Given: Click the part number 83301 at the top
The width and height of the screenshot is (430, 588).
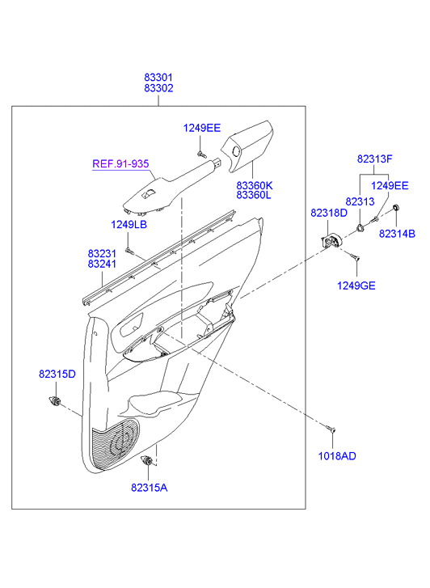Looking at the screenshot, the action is point(158,78).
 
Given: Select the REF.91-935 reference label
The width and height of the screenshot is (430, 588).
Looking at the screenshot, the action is point(120,164).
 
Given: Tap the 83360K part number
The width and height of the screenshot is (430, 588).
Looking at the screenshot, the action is point(255,185).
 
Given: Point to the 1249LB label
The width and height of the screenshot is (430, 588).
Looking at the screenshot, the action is point(129,224).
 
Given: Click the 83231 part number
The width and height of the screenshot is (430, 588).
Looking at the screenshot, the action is point(102,253).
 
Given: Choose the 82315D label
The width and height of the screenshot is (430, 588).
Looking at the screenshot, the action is point(57,374).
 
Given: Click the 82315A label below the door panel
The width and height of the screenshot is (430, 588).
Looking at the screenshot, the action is point(150,488).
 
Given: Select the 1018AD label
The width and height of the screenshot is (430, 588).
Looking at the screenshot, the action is point(337,456).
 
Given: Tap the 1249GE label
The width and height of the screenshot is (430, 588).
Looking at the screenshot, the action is point(356,286).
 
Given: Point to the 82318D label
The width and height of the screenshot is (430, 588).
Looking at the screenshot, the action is point(329,213).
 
